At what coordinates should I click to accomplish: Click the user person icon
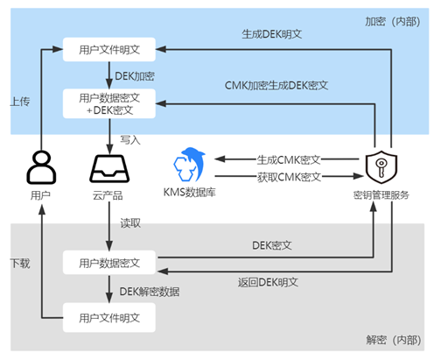click(x=41, y=167)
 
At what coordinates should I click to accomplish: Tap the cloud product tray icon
click(x=109, y=169)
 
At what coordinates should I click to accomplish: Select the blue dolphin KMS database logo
click(x=190, y=164)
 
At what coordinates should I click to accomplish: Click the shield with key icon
click(x=381, y=167)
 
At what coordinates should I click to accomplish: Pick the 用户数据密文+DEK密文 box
click(x=109, y=103)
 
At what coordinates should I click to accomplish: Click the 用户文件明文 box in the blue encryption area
click(x=109, y=49)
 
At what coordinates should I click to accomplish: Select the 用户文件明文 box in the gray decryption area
click(x=109, y=317)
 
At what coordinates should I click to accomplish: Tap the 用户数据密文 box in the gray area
click(x=109, y=263)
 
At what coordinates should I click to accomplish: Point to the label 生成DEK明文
click(x=272, y=34)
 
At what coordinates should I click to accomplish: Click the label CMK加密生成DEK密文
click(x=276, y=86)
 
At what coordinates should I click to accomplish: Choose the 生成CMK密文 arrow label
click(x=289, y=159)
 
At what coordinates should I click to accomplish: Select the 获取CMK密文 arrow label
click(x=289, y=177)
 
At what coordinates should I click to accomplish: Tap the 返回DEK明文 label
click(x=268, y=282)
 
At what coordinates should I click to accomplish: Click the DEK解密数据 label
click(x=150, y=292)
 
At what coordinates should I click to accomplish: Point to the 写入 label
click(x=130, y=140)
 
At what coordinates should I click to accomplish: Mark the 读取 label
click(x=130, y=223)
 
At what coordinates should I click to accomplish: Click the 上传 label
click(x=20, y=102)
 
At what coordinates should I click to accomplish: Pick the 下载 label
click(x=20, y=263)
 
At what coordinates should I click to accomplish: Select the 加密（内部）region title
click(x=393, y=21)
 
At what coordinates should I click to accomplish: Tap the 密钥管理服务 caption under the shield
click(x=381, y=195)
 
